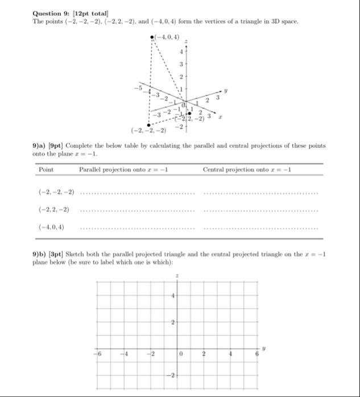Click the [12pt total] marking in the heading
coord(97,13)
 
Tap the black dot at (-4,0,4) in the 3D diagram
coord(152,38)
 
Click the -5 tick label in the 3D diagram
coord(137,88)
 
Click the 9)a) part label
coord(41,146)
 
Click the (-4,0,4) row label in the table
coord(51,227)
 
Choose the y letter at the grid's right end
coord(263,345)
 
